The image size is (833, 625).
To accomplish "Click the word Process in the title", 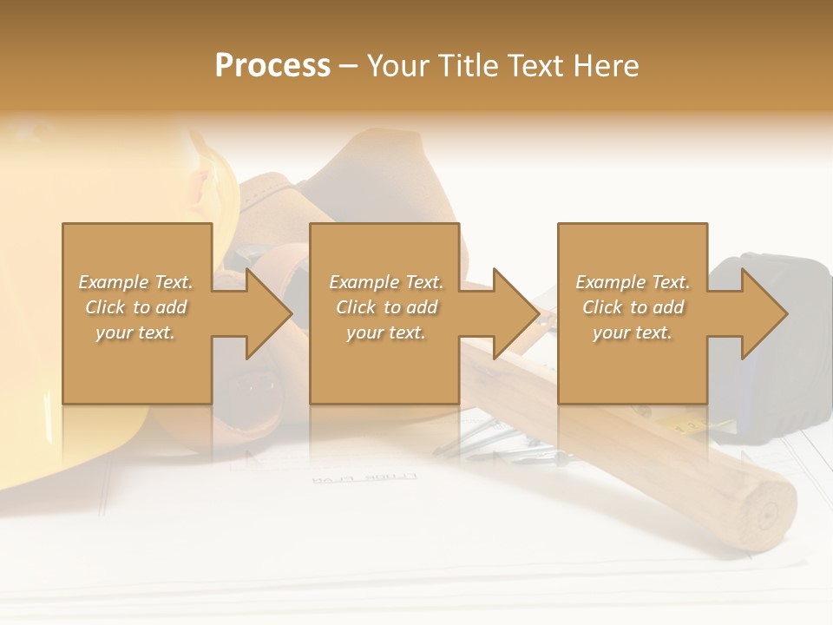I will pyautogui.click(x=272, y=66).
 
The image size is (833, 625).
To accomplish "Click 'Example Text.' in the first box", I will pyautogui.click(x=136, y=282).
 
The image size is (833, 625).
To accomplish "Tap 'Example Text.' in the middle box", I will pyautogui.click(x=386, y=282).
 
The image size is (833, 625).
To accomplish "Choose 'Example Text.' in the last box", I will pyautogui.click(x=633, y=282).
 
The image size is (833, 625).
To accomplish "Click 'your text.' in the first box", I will pyautogui.click(x=136, y=332).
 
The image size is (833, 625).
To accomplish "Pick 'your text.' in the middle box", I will pyautogui.click(x=386, y=332).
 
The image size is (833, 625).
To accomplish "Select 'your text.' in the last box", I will pyautogui.click(x=633, y=332).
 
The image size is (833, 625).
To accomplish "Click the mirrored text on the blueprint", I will pyautogui.click(x=364, y=478).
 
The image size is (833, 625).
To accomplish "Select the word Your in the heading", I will pyautogui.click(x=398, y=66).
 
